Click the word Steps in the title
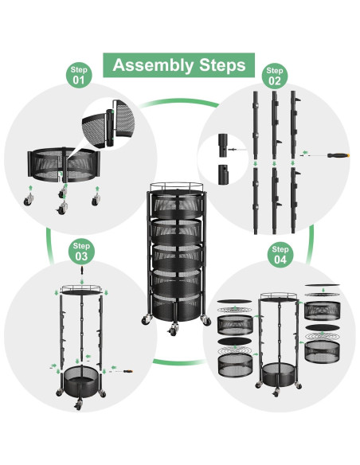point(222,64)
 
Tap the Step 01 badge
point(79,76)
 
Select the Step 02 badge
point(274,76)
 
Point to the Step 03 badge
point(81,252)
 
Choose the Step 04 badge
point(280,255)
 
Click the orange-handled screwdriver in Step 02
point(338,155)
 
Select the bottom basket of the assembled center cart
point(177,307)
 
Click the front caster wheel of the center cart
point(173,330)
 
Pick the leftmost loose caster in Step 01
point(29,200)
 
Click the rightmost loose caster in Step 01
point(96,200)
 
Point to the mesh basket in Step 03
point(80,381)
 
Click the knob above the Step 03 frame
point(81,270)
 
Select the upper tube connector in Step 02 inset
point(223,145)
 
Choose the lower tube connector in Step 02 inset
point(223,174)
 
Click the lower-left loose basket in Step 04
point(235,365)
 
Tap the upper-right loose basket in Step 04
point(323,311)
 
